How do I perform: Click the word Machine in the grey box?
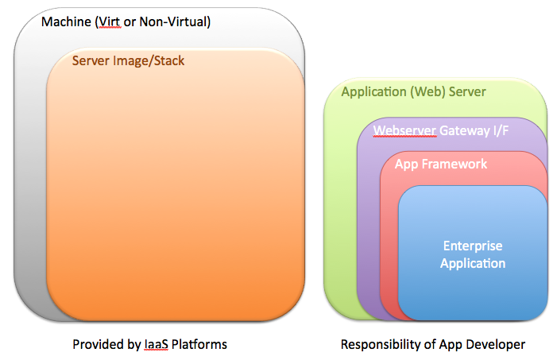(x=66, y=21)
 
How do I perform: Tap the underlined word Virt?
(x=108, y=21)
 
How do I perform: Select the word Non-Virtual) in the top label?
(x=175, y=21)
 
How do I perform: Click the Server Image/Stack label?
(x=128, y=60)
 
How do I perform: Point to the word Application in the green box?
(x=373, y=92)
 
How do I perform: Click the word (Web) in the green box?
(x=427, y=91)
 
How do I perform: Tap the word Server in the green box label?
(x=467, y=91)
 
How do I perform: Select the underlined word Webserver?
(x=404, y=130)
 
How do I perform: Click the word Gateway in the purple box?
(x=465, y=131)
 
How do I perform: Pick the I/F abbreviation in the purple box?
(x=501, y=130)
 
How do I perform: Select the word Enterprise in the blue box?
(x=473, y=246)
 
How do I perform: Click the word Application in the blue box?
(x=473, y=263)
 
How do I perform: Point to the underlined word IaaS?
(x=156, y=344)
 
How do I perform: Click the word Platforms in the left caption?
(x=199, y=344)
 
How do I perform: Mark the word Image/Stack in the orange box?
(x=149, y=60)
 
